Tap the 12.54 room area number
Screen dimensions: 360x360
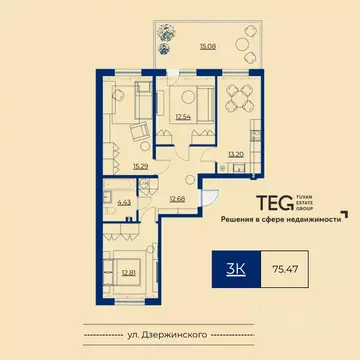point(181,118)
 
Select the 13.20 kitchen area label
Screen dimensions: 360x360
point(236,154)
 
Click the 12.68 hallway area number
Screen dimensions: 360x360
point(177,197)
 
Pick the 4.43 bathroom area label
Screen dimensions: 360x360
point(125,203)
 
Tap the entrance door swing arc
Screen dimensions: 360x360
point(211,197)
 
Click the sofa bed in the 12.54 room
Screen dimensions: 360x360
point(190,97)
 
